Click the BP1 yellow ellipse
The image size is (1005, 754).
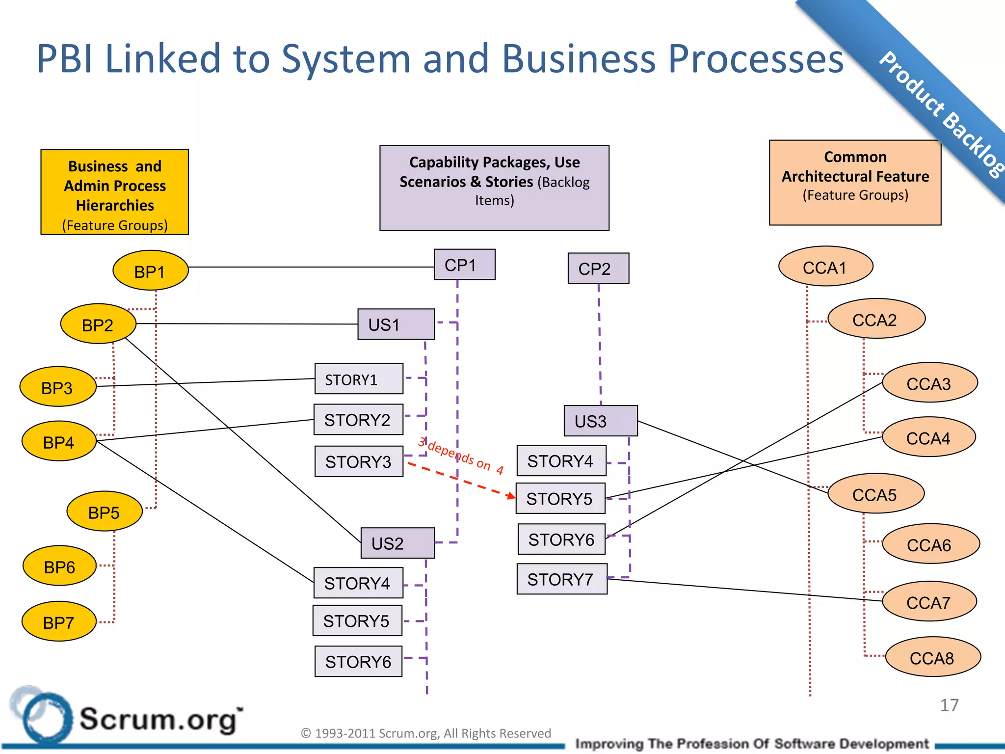click(x=150, y=270)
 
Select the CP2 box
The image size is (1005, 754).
click(x=598, y=269)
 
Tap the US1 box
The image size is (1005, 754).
click(x=396, y=324)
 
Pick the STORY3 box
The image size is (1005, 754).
click(x=359, y=461)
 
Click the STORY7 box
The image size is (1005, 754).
click(x=561, y=579)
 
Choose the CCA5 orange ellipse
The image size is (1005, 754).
click(x=875, y=494)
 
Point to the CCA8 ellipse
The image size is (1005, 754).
click(x=932, y=657)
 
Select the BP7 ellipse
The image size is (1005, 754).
click(x=59, y=622)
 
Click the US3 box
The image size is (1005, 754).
click(x=600, y=421)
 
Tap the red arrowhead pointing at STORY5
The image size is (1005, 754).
click(x=511, y=496)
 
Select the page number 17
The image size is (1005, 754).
click(x=949, y=705)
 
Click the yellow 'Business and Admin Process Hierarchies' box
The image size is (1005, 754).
click(x=114, y=192)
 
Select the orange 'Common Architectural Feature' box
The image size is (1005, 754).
click(x=854, y=183)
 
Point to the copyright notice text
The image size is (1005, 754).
click(x=425, y=733)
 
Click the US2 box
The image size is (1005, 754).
click(x=397, y=543)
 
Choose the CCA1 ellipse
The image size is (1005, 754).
click(x=825, y=267)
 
